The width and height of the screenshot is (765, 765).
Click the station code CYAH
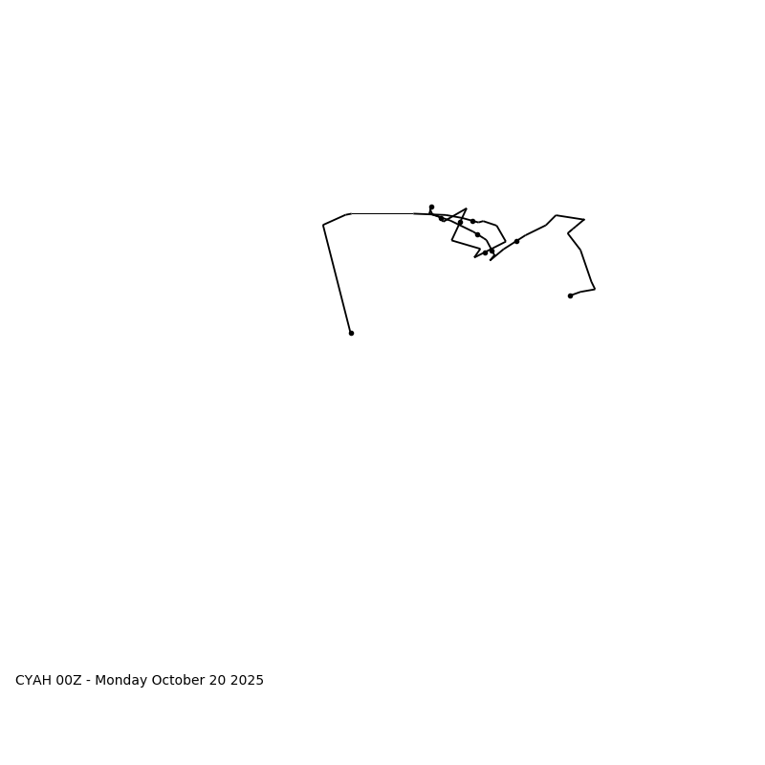tap(33, 681)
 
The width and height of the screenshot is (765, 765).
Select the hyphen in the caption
tap(89, 681)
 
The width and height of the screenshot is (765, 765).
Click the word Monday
tap(120, 681)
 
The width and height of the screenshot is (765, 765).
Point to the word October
tap(179, 681)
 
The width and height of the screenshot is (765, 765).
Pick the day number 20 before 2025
tap(220, 681)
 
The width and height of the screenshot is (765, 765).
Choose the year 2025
tap(248, 681)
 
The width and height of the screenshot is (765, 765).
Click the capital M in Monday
tap(100, 681)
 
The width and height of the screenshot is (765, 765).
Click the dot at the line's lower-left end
tap(351, 333)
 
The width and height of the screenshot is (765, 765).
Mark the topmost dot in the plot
tap(431, 207)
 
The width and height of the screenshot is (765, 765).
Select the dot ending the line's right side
tap(570, 295)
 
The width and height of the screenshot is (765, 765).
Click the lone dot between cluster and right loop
tap(516, 241)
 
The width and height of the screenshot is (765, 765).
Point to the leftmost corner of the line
tap(323, 225)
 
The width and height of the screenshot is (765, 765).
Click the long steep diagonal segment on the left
tap(337, 277)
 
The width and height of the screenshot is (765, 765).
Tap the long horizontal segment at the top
tap(382, 213)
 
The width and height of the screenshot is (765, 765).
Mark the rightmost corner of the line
tap(595, 289)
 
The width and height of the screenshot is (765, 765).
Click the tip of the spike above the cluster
tap(466, 208)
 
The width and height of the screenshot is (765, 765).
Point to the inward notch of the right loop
tap(568, 233)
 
